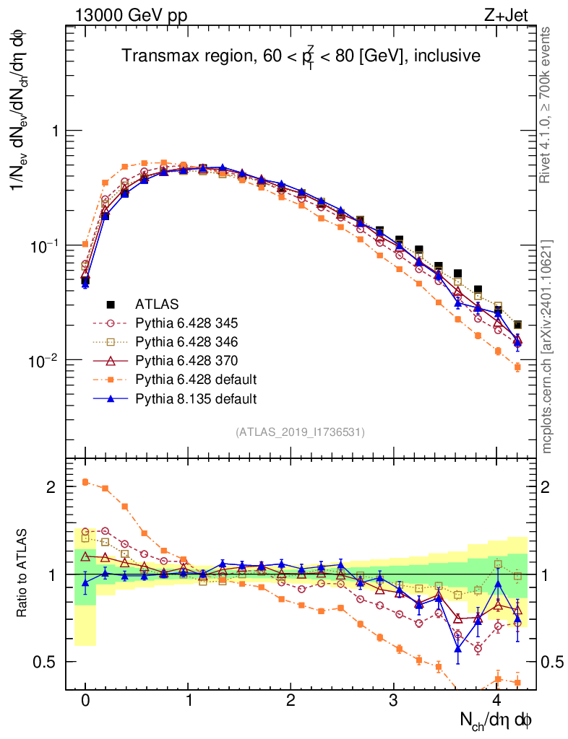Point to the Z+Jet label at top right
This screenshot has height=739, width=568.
coord(506,16)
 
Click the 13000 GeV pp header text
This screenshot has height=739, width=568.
coord(131,16)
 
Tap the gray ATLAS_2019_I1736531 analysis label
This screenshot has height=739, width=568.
coord(300,432)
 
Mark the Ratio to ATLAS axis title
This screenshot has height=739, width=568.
coord(22,573)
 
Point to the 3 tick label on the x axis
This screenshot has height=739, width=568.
coord(393,700)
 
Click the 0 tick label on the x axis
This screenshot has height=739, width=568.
coord(85,700)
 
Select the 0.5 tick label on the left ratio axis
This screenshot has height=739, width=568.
coord(44,663)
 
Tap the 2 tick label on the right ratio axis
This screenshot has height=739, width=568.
coord(546,487)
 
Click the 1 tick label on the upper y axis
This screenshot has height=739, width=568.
coord(55,131)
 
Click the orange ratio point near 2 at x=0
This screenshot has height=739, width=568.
coord(85,481)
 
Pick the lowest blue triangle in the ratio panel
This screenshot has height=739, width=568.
coord(457,649)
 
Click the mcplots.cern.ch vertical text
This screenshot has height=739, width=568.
coord(546,406)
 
